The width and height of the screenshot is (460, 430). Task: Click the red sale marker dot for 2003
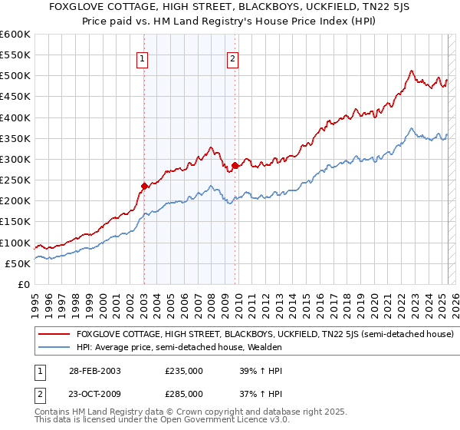pos(144,186)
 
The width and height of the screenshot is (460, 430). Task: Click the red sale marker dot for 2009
pos(235,165)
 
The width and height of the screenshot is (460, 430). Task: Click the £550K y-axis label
pos(15,55)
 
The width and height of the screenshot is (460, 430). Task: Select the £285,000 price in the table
pos(184,393)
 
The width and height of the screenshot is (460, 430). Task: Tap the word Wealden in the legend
pos(264,347)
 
